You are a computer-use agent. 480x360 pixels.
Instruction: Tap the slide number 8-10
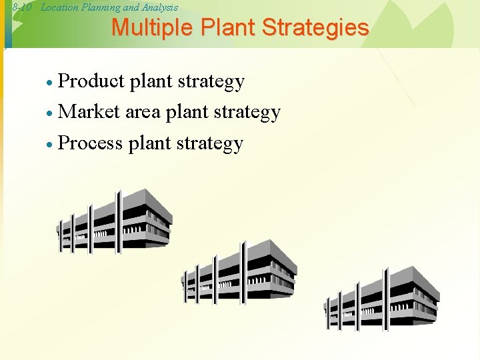pyautogui.click(x=23, y=7)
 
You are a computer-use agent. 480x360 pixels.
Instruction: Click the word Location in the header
pyautogui.click(x=61, y=7)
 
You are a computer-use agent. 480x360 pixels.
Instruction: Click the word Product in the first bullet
pyautogui.click(x=91, y=81)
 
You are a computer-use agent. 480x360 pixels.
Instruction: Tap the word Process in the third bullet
pyautogui.click(x=91, y=143)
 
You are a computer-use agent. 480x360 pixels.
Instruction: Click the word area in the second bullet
pyautogui.click(x=143, y=112)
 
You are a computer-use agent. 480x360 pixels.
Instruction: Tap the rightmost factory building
pyautogui.click(x=381, y=300)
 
